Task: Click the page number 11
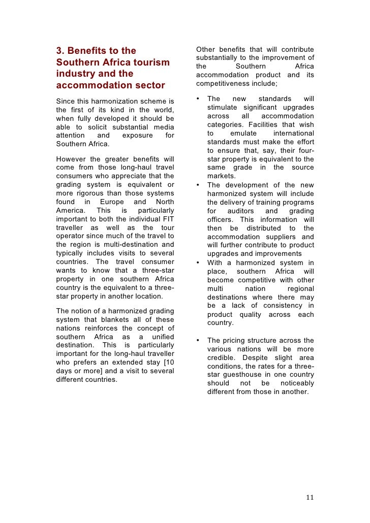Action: tap(310, 497)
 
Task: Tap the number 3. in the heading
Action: tap(60, 51)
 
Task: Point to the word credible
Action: tap(221, 357)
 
